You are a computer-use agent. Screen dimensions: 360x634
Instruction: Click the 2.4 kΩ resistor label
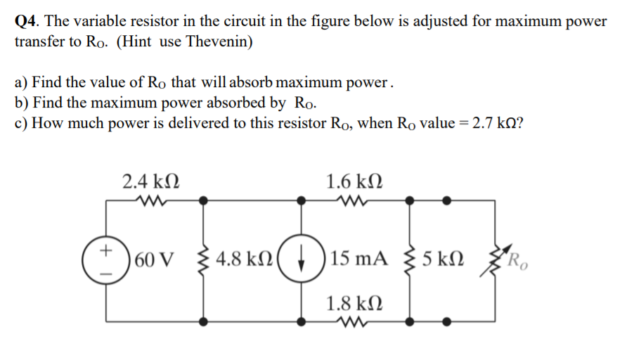150,182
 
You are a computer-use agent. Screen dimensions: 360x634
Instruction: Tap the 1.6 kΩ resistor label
355,182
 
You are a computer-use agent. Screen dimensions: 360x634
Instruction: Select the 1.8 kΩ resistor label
355,304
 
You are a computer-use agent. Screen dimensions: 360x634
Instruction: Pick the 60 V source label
152,258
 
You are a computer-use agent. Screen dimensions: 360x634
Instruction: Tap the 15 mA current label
357,258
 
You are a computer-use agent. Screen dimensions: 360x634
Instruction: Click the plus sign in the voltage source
105,249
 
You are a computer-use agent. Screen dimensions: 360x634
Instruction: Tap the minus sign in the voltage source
105,267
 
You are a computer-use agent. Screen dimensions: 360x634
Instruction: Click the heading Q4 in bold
27,20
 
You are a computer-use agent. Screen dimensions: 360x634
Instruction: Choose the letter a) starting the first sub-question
21,82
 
